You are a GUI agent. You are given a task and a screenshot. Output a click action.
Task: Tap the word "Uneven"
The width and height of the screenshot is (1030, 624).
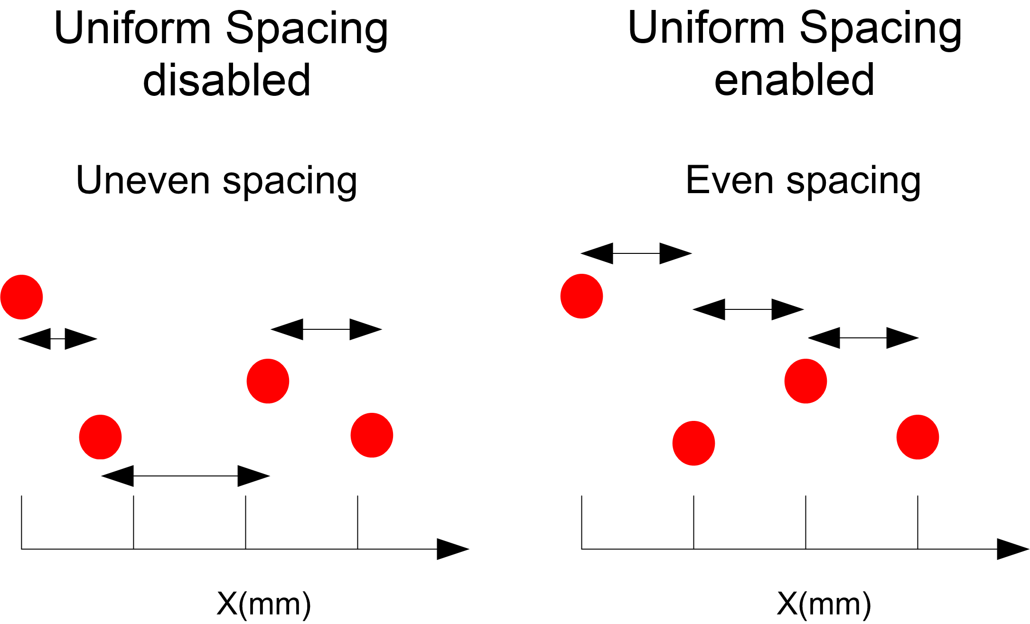pyautogui.click(x=143, y=180)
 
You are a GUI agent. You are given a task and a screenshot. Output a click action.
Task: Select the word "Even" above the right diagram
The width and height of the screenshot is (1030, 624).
pyautogui.click(x=730, y=180)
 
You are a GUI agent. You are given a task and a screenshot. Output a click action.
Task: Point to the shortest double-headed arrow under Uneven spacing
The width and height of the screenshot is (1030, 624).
pyautogui.click(x=57, y=339)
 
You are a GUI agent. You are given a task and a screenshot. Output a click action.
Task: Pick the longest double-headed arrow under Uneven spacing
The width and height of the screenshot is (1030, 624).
pyautogui.click(x=186, y=476)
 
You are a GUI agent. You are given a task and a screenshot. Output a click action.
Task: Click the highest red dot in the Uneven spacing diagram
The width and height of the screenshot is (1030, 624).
pyautogui.click(x=22, y=297)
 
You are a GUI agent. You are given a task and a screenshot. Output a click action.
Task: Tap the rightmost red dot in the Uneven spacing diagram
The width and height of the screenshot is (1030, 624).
pyautogui.click(x=372, y=435)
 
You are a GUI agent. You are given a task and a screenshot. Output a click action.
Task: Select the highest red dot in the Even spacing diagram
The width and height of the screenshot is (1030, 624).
pyautogui.click(x=581, y=296)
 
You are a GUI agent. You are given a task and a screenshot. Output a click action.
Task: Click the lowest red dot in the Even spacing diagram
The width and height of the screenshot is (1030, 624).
pyautogui.click(x=693, y=443)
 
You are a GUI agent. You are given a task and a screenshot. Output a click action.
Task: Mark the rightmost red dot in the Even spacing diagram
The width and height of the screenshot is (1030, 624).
pyautogui.click(x=918, y=437)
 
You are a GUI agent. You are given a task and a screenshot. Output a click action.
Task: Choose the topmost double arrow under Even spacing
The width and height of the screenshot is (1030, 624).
pyautogui.click(x=636, y=253)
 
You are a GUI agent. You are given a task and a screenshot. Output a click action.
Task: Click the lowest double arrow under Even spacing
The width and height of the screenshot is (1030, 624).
pyautogui.click(x=863, y=338)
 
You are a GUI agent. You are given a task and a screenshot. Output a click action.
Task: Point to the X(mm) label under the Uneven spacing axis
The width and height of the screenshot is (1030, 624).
pyautogui.click(x=264, y=604)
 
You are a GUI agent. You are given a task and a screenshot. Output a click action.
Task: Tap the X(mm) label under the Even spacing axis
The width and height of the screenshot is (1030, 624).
pyautogui.click(x=824, y=604)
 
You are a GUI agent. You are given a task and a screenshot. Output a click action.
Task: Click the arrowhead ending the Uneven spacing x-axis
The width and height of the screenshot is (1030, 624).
pyautogui.click(x=452, y=549)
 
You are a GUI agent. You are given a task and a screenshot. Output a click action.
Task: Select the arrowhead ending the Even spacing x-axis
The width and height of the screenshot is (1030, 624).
pyautogui.click(x=1012, y=549)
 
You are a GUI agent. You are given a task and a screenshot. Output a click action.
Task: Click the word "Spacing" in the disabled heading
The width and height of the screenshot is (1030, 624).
pyautogui.click(x=307, y=29)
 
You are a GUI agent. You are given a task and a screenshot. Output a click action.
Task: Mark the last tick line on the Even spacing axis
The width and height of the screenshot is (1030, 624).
pyautogui.click(x=918, y=522)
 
